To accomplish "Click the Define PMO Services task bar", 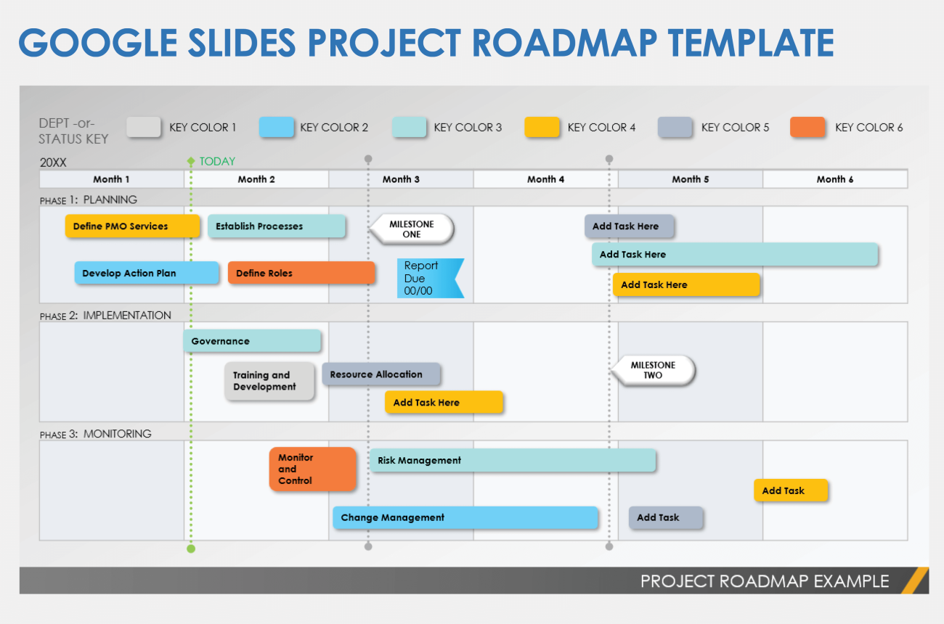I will coord(132,226).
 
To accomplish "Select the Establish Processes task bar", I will coord(277,226).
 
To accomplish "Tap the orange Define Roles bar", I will coord(301,273).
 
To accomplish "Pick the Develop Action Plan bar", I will coord(146,273).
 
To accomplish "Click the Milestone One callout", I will coord(412,229).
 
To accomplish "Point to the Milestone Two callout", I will coord(654,370).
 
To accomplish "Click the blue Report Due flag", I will coord(428,279).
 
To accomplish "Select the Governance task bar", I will coord(252,341).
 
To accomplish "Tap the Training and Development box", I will coord(269,381).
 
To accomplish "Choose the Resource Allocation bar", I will coord(381,374).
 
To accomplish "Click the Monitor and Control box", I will coord(312,469).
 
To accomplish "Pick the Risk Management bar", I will coord(513,460).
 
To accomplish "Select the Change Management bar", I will coord(465,517).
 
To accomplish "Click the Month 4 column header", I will coord(546,179).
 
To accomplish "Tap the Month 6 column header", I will coord(835,179).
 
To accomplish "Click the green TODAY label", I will coord(217,161).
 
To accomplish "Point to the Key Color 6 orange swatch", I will coord(807,128).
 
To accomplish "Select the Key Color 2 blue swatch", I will coord(277,128).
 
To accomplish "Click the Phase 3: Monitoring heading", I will coord(96,434).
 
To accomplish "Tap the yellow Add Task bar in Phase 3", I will coord(790,490).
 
